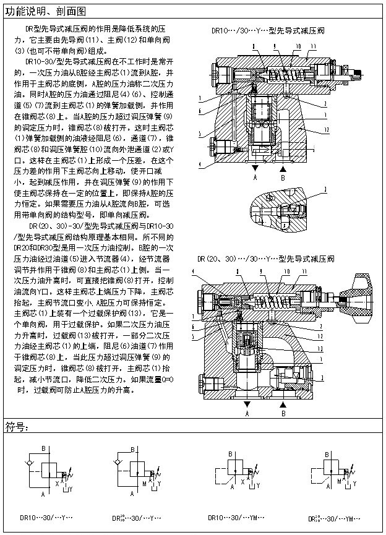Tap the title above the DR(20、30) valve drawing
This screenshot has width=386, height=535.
coord(266,259)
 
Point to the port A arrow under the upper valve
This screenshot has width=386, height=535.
coord(254,169)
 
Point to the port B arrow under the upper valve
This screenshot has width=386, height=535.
coord(283,169)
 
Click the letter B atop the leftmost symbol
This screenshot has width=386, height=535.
coord(43,448)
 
